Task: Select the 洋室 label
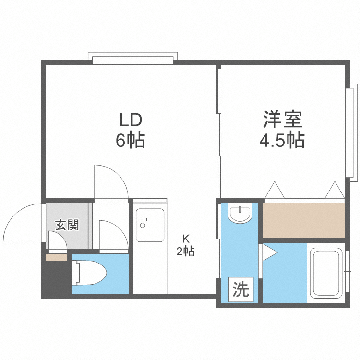pos(282,119)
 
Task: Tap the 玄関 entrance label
pos(67,225)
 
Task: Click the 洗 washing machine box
pos(241,289)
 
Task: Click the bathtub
pos(327,272)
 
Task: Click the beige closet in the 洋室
pos(304,220)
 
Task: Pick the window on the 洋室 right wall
pos(354,132)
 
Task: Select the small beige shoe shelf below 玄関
pos(57,257)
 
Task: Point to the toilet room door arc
pos(113,235)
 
